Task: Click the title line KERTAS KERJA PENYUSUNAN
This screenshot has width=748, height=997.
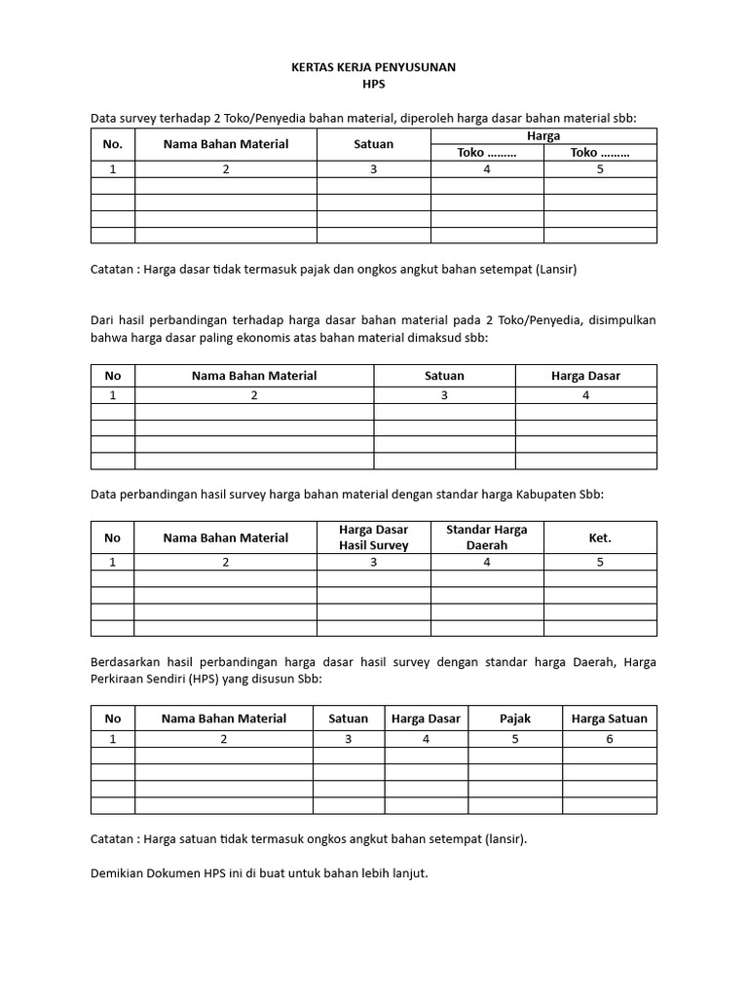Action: point(374,68)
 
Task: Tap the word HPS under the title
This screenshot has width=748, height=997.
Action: point(374,86)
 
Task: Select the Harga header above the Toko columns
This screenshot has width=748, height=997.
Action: point(543,136)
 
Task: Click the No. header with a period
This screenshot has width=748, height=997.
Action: point(113,144)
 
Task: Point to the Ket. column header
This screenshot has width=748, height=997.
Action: point(600,537)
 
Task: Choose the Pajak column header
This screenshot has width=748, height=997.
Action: point(515,719)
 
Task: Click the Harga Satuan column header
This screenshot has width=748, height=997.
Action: point(609,719)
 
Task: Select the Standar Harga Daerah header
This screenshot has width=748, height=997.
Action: point(487,537)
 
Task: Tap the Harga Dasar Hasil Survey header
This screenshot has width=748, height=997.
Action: point(373,537)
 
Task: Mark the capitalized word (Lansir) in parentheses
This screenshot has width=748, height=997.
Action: point(556,270)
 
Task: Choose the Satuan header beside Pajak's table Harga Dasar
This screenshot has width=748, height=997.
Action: point(349,719)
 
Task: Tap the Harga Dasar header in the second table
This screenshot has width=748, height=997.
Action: point(585,376)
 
